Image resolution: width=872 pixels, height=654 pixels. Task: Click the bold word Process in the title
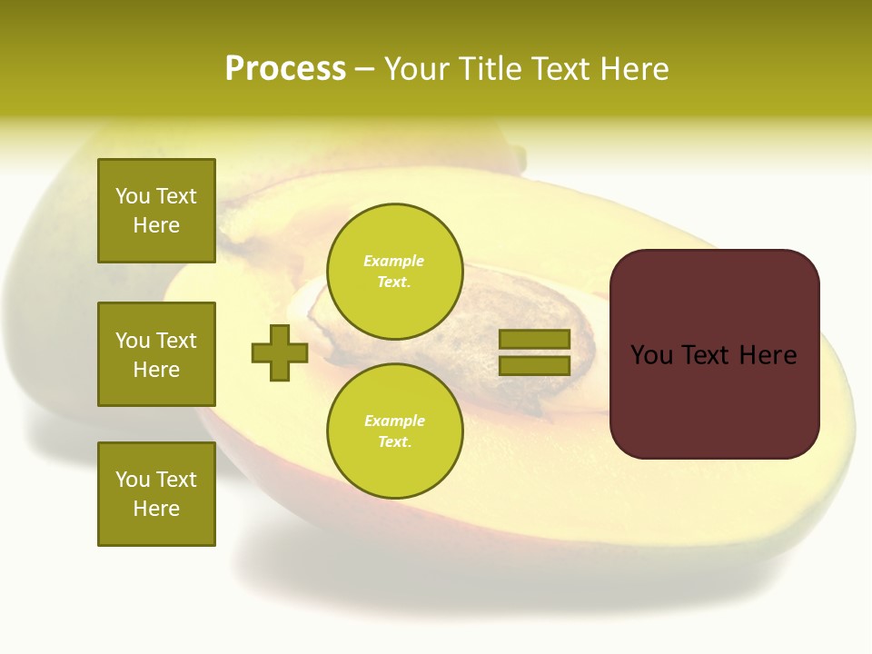coord(285,69)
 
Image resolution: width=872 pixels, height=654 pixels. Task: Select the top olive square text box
coord(156,211)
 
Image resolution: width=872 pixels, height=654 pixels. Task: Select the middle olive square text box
coord(156,354)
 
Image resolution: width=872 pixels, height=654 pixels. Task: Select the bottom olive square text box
coord(156,494)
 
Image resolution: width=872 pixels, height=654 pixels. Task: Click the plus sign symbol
coord(280,352)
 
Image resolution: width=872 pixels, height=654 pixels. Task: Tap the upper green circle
coord(394,271)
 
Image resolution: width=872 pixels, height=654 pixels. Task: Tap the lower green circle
coord(394,431)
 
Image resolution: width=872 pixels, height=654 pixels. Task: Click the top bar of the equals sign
coord(534,340)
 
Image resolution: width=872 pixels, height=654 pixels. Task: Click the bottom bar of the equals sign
coord(534,365)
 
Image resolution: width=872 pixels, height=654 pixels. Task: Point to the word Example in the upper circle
coord(394,261)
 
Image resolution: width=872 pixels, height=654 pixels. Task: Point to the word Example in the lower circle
coord(394,421)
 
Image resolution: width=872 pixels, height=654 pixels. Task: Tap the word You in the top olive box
coord(132,196)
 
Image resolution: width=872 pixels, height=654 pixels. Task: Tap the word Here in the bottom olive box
coord(156,509)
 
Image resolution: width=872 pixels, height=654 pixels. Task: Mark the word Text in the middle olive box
coord(176,341)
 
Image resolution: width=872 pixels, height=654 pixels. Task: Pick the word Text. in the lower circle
coord(394,442)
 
